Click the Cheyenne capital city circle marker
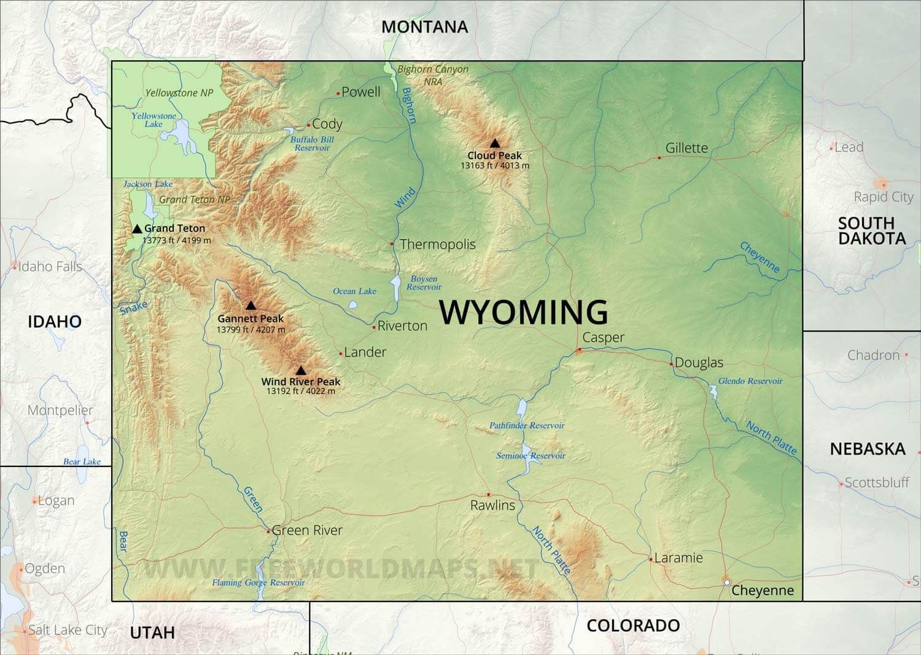pos(727,582)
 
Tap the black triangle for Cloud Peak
pos(495,143)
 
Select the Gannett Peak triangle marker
pos(251,305)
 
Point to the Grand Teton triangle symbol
pos(137,229)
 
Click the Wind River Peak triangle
pos(300,371)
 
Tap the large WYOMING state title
pos(524,312)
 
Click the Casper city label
pos(603,337)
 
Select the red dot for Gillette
pos(659,158)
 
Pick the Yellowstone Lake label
pos(153,120)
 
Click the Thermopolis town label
pos(438,245)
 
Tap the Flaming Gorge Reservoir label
pos(258,582)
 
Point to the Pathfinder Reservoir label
pos(527,425)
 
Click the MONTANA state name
pos(424,27)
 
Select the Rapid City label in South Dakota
pos(884,197)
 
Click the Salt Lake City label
pos(68,630)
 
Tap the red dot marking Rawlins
pos(489,495)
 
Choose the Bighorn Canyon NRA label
pos(433,75)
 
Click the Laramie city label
pos(678,558)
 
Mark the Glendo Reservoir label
pos(750,381)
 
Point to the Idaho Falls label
pos(50,267)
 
